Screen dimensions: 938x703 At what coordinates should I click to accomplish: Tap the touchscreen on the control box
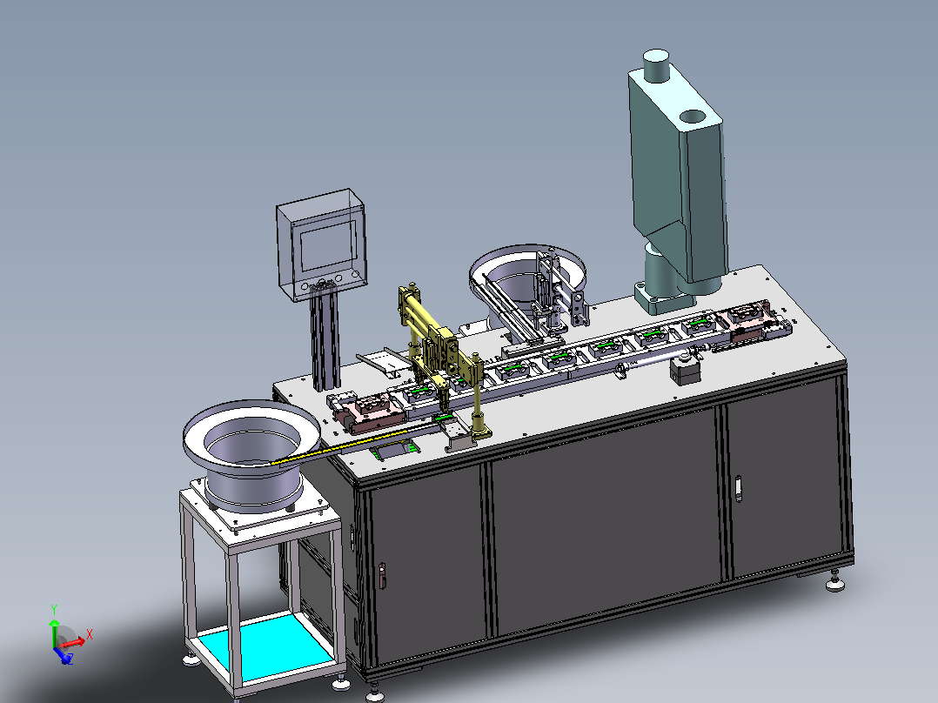[x=328, y=245]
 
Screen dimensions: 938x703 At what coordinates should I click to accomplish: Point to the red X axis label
[x=89, y=634]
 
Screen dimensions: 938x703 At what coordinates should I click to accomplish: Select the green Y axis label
[x=54, y=610]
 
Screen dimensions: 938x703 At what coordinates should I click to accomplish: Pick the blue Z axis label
[x=70, y=659]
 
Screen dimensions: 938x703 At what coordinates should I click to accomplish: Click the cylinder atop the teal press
[x=656, y=65]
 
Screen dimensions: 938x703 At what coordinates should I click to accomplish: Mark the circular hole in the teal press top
[x=693, y=116]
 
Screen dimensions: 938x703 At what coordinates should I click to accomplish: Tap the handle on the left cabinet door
[x=382, y=576]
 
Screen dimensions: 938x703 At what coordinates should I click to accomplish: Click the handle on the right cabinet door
[x=738, y=487]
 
